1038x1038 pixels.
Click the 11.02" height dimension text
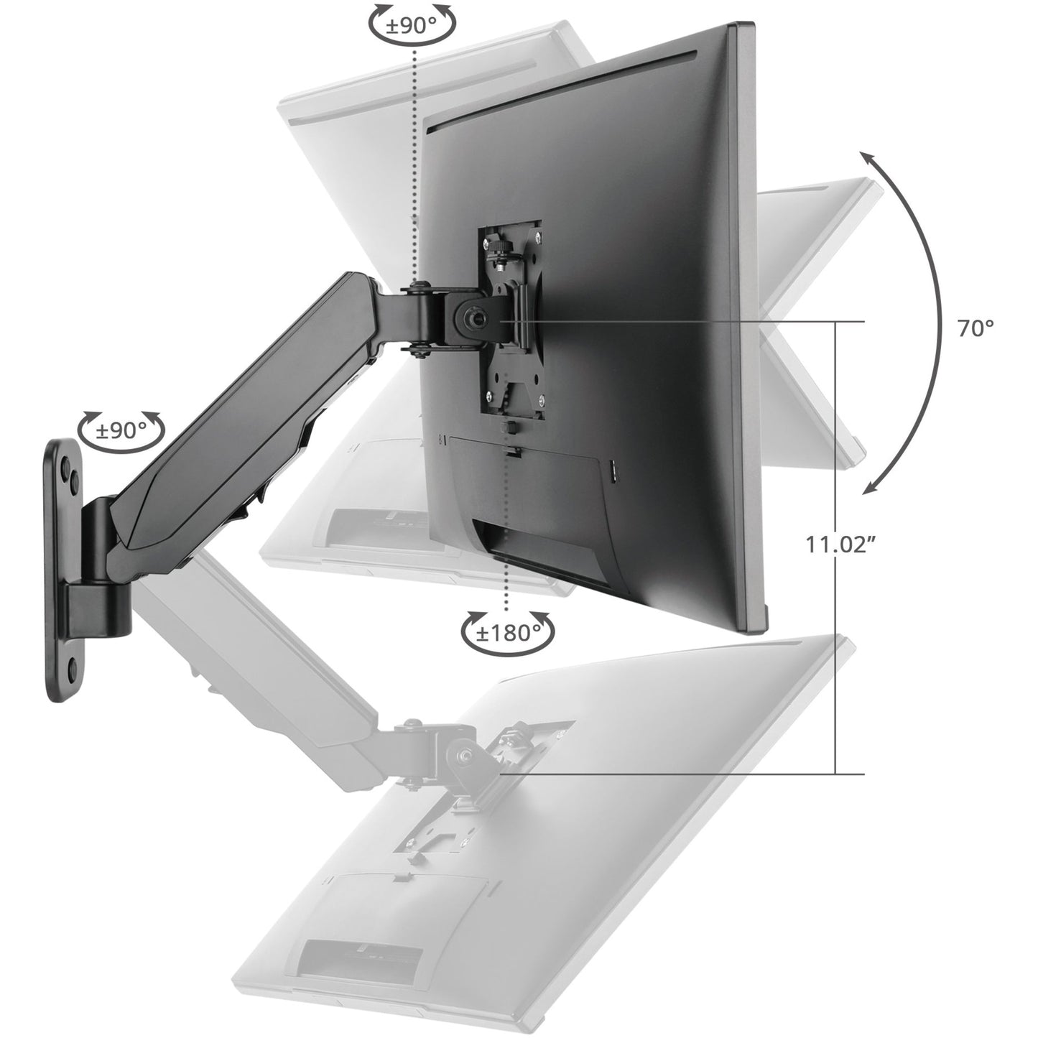pos(839,544)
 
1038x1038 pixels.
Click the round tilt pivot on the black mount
pos(474,318)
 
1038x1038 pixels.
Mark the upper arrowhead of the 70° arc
pos(870,159)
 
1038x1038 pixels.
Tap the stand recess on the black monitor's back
pos(546,553)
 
